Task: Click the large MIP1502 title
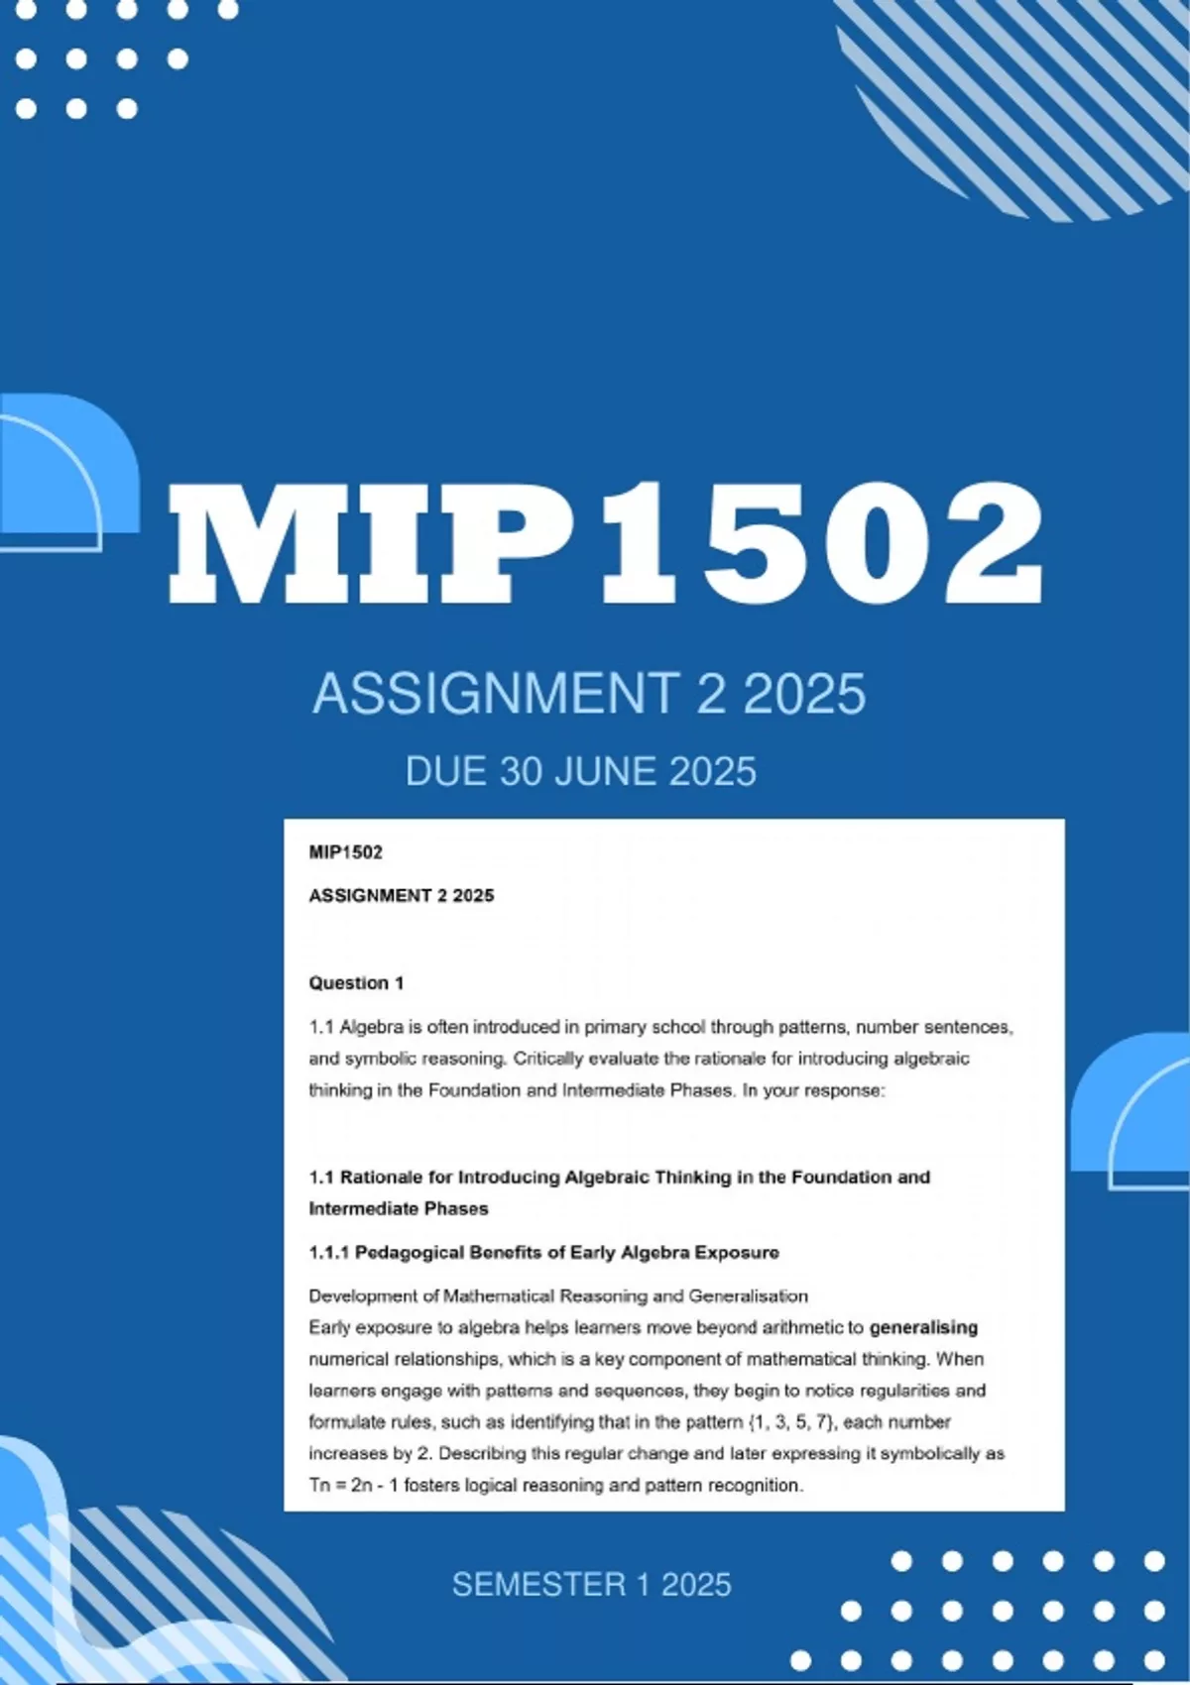pos(605,543)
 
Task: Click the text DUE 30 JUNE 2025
pos(580,772)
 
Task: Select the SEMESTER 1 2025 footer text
pos(591,1584)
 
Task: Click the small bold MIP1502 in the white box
pos(345,852)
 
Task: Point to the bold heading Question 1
pos(356,983)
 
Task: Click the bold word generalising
pos(923,1327)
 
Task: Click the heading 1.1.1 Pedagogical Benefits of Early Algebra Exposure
pos(543,1252)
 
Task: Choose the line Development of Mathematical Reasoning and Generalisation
pos(558,1295)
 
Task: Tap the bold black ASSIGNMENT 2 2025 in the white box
pos(401,896)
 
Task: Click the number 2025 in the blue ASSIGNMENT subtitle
pos(804,693)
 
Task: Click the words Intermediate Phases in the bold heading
pos(399,1208)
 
